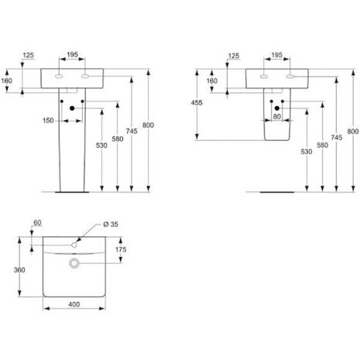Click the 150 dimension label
point(48,121)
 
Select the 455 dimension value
point(197,103)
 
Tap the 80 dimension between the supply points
point(277,117)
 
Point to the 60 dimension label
point(37,223)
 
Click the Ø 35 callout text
point(111,225)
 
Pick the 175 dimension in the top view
point(121,249)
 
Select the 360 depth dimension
point(19,270)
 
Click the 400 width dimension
point(74,304)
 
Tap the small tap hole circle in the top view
point(74,245)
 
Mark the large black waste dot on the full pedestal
point(72,108)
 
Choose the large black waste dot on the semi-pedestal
point(277,108)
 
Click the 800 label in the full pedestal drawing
point(148,125)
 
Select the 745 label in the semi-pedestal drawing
point(337,138)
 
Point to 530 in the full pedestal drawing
point(101,146)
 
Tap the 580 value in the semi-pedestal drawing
point(322,146)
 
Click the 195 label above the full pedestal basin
point(72,55)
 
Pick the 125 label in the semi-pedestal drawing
point(234,56)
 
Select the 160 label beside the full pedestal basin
point(7,81)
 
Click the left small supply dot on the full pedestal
point(62,101)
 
